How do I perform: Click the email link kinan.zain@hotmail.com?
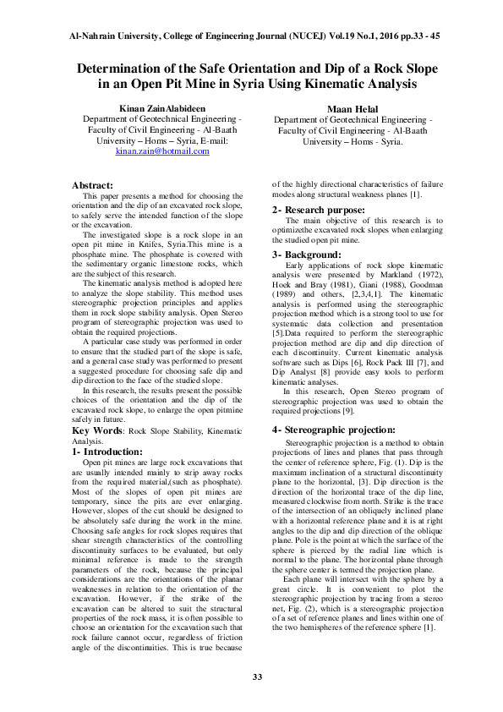[x=161, y=151]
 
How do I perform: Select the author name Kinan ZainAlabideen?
[x=161, y=110]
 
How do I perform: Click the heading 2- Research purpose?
[x=319, y=210]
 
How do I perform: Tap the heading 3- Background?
[x=307, y=255]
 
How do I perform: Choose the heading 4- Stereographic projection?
[x=334, y=430]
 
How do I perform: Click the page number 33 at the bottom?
[x=251, y=676]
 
